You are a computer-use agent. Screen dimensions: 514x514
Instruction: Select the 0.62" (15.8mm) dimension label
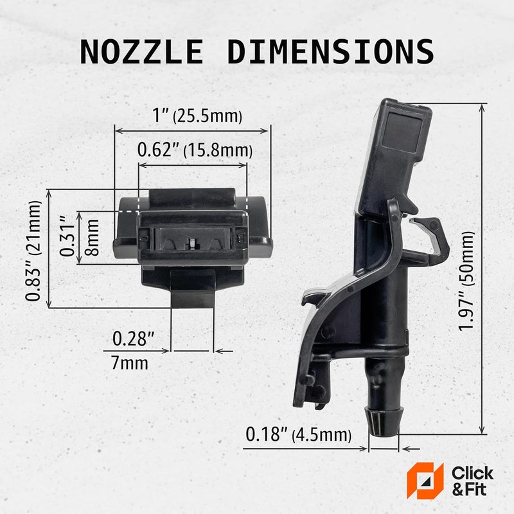coord(195,150)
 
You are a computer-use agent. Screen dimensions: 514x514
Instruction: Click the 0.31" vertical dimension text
coord(66,236)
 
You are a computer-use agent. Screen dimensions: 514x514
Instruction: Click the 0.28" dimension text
coord(132,337)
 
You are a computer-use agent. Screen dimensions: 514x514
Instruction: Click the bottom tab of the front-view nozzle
coord(192,291)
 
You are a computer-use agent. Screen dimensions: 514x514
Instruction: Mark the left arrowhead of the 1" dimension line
coord(118,131)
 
